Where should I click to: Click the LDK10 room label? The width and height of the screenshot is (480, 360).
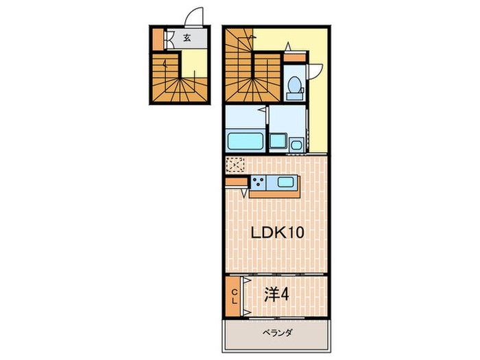[x=276, y=232]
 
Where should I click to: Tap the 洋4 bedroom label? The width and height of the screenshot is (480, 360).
[x=278, y=296]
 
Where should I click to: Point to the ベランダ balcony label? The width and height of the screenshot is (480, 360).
[x=278, y=333]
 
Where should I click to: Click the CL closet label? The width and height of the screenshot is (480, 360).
[x=234, y=296]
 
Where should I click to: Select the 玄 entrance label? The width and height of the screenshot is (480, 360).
[x=187, y=38]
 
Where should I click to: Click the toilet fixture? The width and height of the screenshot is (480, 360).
[x=293, y=86]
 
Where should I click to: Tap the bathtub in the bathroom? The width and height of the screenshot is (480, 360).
[x=245, y=141]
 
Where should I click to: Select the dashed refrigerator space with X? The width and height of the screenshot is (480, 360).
[x=235, y=165]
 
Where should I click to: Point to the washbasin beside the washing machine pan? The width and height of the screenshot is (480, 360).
[x=296, y=143]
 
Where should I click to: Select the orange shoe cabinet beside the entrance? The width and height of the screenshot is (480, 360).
[x=158, y=39]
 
